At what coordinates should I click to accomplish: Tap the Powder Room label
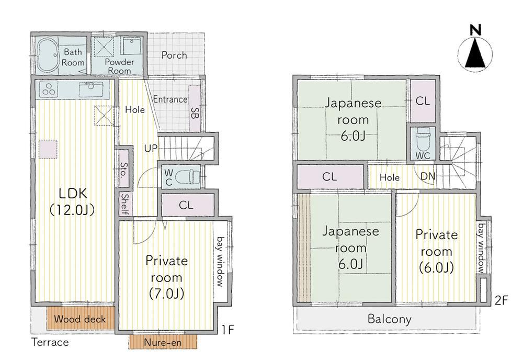(x=119, y=66)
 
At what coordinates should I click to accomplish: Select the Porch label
(x=174, y=55)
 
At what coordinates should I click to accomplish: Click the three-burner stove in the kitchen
(x=49, y=89)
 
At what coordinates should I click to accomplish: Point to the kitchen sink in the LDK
(x=90, y=89)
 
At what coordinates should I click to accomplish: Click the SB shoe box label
(x=195, y=113)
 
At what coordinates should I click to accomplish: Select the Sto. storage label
(x=124, y=170)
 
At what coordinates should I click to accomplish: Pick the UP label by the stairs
(x=151, y=148)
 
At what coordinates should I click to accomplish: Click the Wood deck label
(x=80, y=319)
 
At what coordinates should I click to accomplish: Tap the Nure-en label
(x=163, y=343)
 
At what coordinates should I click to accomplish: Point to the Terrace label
(x=50, y=342)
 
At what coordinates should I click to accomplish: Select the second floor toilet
(x=423, y=140)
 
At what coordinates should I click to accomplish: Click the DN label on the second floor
(x=428, y=176)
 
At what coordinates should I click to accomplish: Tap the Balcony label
(x=389, y=319)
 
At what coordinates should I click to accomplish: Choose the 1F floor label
(x=228, y=330)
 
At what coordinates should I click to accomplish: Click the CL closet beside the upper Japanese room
(x=423, y=101)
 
